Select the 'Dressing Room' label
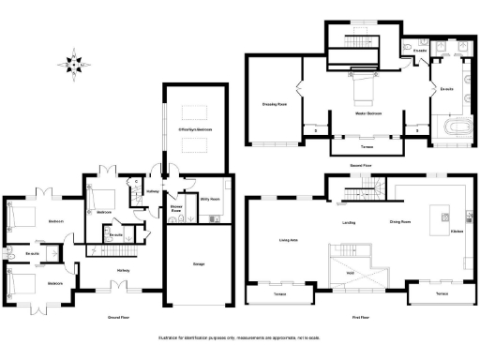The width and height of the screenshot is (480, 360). click(272, 103)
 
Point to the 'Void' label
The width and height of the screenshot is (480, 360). click(349, 273)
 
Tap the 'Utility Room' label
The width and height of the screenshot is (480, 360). click(209, 200)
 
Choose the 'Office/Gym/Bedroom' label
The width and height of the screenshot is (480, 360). click(195, 128)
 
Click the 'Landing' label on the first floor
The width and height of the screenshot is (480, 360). click(348, 222)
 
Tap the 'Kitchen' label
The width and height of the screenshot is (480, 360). click(457, 231)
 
